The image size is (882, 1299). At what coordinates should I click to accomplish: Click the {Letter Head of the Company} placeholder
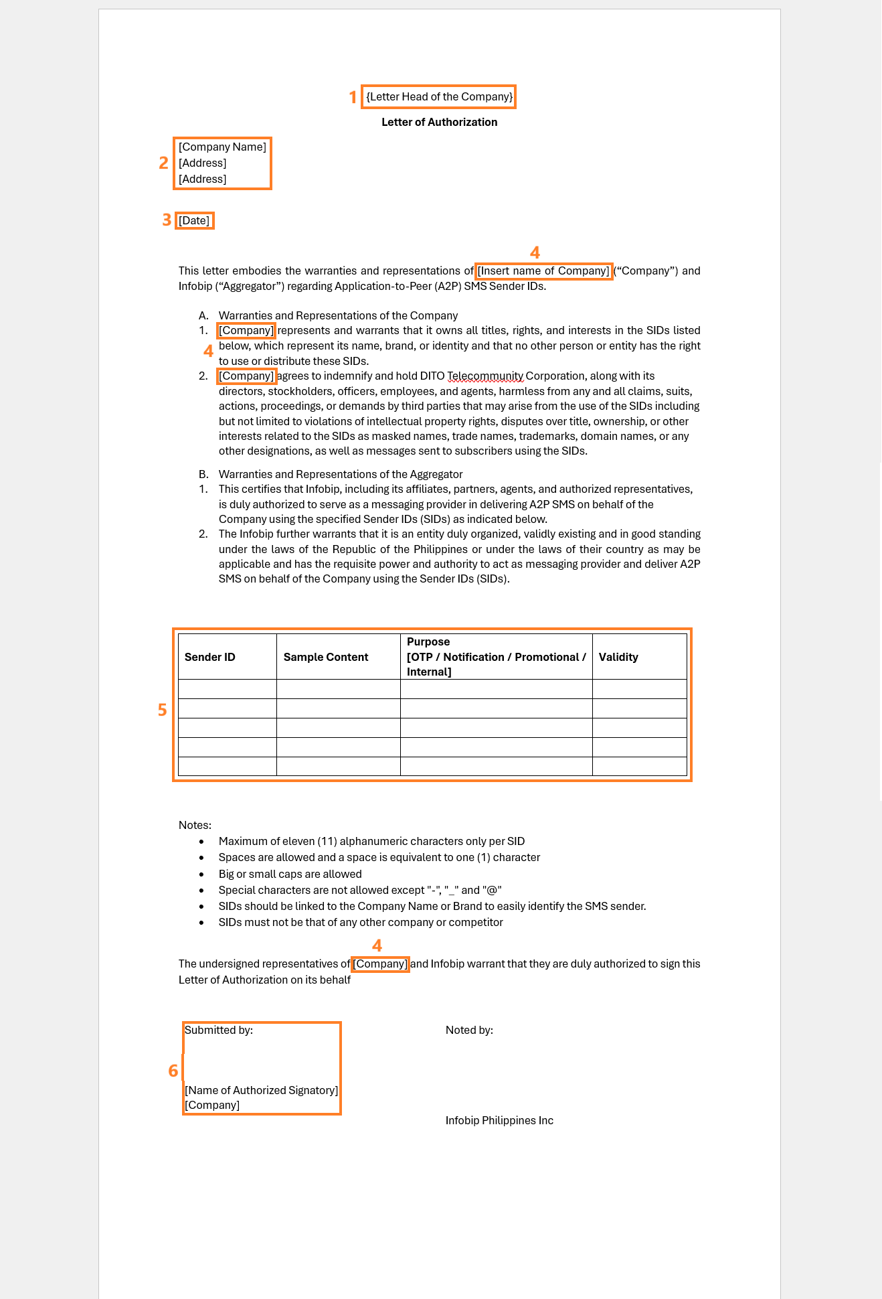pos(439,96)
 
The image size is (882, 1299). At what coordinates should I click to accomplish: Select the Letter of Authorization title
pos(439,122)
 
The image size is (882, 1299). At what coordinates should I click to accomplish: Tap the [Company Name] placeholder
pos(222,147)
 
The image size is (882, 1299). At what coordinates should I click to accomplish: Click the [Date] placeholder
pos(194,220)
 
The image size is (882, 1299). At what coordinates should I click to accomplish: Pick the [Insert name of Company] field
pos(543,271)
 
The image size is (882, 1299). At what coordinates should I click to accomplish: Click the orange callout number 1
pos(353,97)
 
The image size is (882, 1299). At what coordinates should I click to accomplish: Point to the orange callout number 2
pos(163,163)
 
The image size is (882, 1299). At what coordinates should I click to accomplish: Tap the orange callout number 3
pos(167,220)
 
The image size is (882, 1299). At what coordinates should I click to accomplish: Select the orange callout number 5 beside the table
pos(162,710)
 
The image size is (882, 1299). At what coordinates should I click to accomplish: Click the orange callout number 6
pos(173,1071)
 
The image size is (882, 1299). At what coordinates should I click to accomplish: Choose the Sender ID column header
pos(210,657)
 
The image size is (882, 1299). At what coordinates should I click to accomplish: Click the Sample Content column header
pos(326,657)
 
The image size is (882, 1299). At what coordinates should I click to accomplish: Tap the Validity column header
pos(618,657)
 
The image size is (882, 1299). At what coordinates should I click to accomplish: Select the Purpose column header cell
pos(496,657)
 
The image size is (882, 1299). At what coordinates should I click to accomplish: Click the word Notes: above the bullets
pos(195,825)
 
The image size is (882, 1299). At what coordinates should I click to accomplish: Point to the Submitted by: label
pos(219,1030)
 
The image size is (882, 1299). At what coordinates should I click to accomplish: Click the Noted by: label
pos(469,1030)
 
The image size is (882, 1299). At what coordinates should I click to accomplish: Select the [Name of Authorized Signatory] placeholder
pos(261,1090)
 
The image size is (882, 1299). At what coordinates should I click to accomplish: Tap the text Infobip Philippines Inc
pos(499,1120)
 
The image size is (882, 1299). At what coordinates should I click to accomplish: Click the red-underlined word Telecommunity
pos(485,376)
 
